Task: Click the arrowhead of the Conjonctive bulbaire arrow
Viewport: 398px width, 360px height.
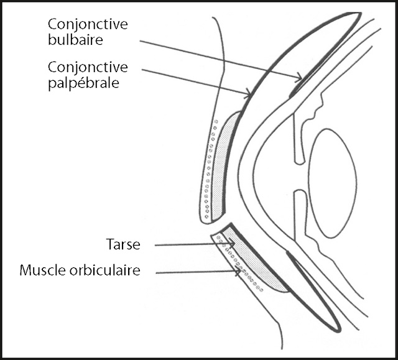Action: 300,78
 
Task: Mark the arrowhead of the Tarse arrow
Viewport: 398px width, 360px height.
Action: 232,244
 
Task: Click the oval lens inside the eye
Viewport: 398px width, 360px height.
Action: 332,183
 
